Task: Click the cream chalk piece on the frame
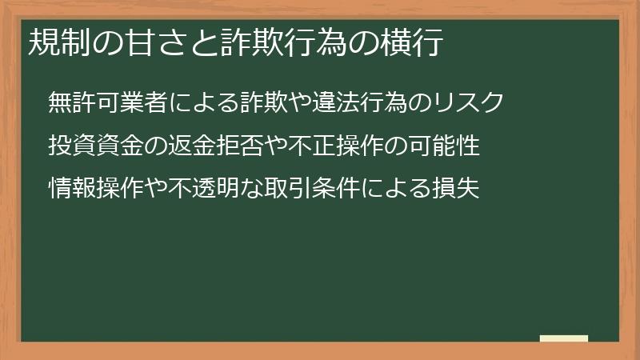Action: click(564, 338)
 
